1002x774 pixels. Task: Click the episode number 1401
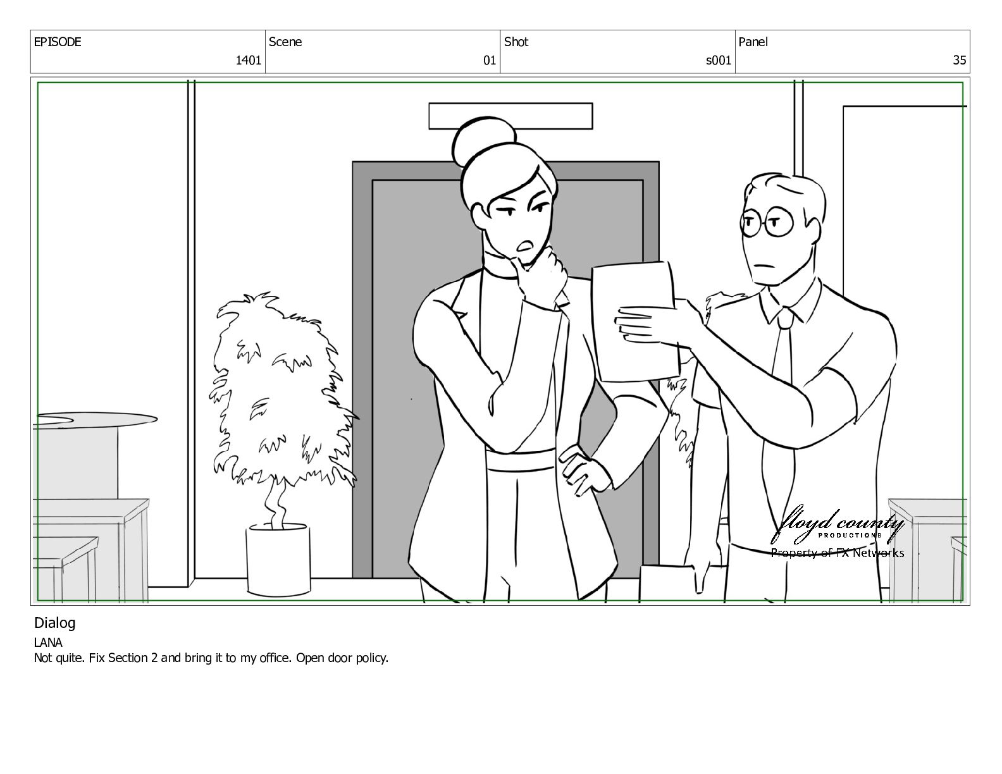249,60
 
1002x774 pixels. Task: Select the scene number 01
490,60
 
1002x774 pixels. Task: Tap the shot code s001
719,60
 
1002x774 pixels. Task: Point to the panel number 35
960,60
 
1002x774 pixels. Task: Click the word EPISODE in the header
58,42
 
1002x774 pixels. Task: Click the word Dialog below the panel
55,623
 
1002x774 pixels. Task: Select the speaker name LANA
48,642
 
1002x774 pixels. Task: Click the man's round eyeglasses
767,223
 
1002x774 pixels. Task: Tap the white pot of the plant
278,560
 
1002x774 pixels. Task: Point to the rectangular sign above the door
510,116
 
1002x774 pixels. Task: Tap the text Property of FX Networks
838,553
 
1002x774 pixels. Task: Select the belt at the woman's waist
520,460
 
